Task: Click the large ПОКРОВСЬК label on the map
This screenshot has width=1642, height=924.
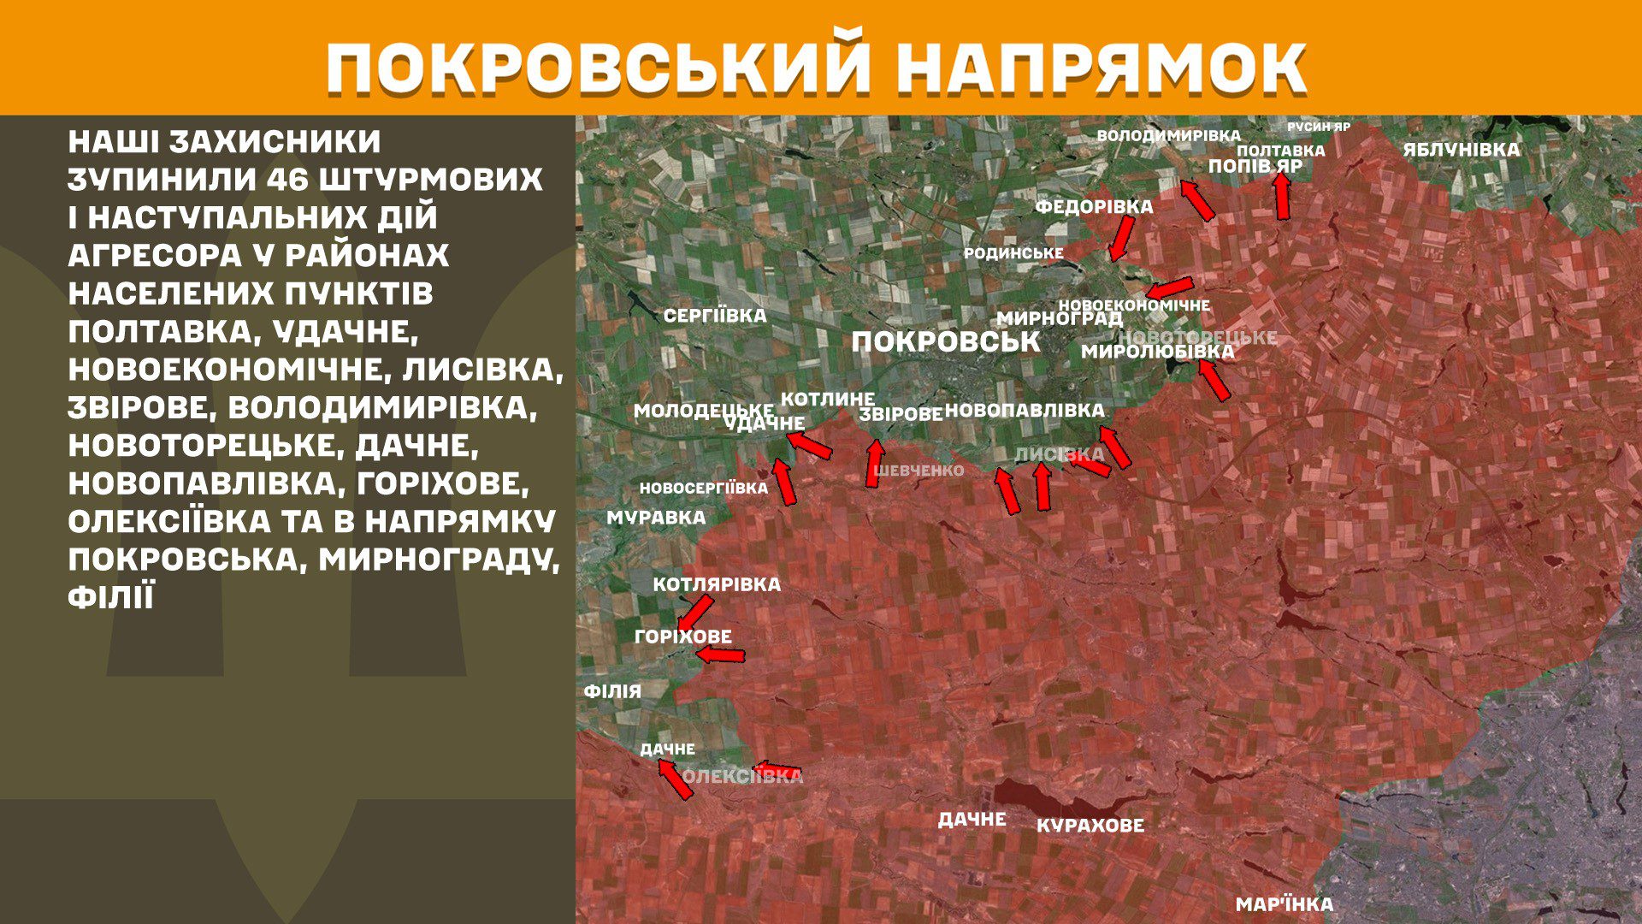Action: click(x=946, y=342)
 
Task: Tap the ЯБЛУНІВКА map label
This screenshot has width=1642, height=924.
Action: click(x=1462, y=150)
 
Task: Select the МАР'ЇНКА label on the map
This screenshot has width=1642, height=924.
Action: click(x=1285, y=904)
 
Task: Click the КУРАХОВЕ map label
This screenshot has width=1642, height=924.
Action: click(x=1090, y=826)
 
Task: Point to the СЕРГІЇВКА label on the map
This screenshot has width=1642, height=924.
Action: click(x=715, y=316)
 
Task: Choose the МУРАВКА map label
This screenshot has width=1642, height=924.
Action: click(x=656, y=518)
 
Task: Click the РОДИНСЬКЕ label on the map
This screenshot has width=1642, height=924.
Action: click(x=1013, y=253)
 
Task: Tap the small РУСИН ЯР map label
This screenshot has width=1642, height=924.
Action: click(x=1319, y=127)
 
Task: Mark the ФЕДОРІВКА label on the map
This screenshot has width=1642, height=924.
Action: click(x=1094, y=207)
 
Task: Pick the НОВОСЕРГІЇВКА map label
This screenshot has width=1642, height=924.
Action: click(x=704, y=489)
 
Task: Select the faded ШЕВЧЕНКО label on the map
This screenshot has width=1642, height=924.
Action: click(x=918, y=471)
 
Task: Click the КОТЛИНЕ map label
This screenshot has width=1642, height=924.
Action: click(x=828, y=399)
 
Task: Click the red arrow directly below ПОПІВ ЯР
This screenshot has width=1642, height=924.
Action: click(x=1282, y=196)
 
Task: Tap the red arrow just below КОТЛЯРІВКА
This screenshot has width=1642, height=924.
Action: click(x=694, y=613)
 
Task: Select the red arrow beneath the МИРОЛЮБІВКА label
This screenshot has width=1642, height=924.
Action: click(x=1214, y=381)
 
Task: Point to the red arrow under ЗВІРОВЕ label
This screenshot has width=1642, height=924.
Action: click(x=874, y=463)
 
